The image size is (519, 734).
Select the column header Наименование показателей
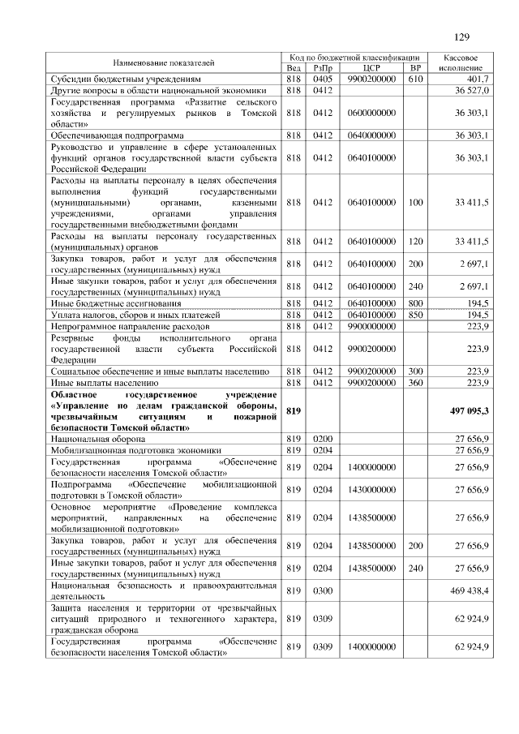[164, 62]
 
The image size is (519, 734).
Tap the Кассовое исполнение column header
[461, 62]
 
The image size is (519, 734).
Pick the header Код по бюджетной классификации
[354, 58]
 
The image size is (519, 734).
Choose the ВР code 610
[415, 79]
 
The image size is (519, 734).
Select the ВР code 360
[415, 381]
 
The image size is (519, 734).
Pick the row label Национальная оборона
[92, 439]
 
